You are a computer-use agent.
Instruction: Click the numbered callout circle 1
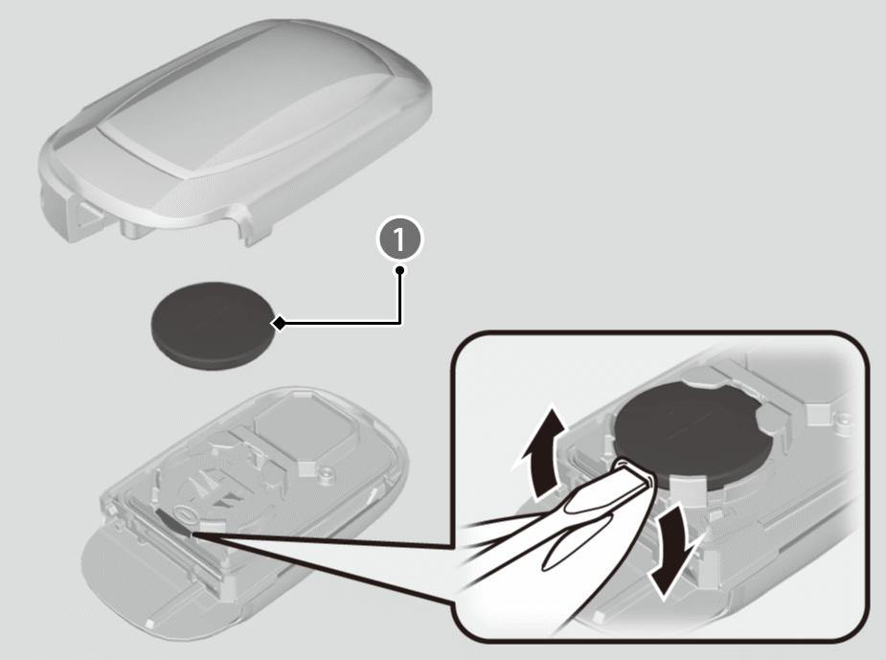[399, 239]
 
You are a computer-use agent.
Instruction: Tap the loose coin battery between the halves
[213, 326]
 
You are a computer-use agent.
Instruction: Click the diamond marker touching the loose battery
[279, 324]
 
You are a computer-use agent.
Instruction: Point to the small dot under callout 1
[400, 270]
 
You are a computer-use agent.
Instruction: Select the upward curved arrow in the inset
[540, 452]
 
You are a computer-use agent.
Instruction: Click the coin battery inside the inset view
[693, 435]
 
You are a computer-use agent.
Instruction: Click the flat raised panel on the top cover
[243, 107]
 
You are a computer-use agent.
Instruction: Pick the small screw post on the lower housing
[326, 471]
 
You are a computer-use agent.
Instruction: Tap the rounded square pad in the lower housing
[306, 426]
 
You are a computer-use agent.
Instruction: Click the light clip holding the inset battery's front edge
[690, 486]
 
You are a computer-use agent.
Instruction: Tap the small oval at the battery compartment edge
[185, 514]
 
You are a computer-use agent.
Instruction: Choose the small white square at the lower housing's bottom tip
[150, 624]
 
